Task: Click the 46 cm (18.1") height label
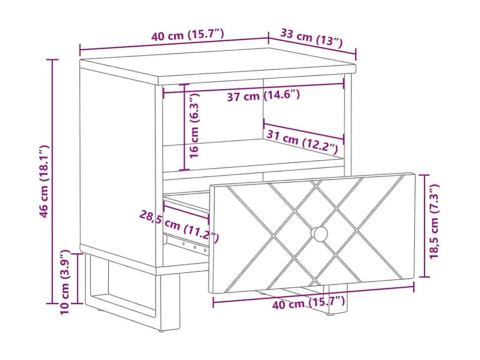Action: click(x=44, y=181)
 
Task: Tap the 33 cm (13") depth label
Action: click(x=311, y=38)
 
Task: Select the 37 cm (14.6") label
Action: click(x=263, y=96)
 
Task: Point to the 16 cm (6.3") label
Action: click(x=195, y=126)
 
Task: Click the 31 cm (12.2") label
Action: click(x=302, y=142)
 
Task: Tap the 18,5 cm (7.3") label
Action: click(x=434, y=221)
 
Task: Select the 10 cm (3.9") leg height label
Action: click(x=65, y=282)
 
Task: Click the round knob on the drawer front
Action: click(x=319, y=234)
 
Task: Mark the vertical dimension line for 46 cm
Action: click(x=53, y=181)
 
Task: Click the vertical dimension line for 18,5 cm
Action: click(x=424, y=226)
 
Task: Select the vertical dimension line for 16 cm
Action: click(x=184, y=127)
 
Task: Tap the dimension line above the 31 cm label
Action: click(x=304, y=132)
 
